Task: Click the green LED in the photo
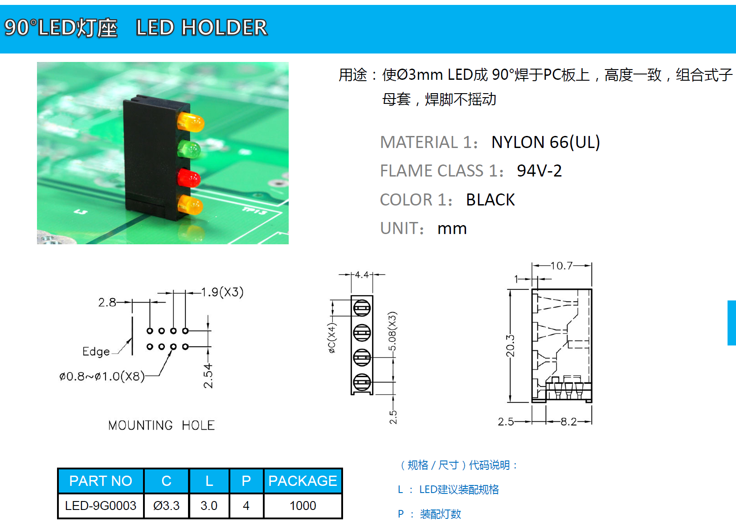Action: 189,149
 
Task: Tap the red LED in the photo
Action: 189,178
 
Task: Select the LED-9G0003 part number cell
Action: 101,505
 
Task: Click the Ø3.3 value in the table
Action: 166,505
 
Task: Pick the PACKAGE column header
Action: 303,481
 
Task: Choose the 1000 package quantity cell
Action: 303,505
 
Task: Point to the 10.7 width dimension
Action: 561,266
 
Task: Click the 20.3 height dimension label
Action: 511,346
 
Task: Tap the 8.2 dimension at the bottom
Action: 568,421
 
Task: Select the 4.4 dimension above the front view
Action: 362,275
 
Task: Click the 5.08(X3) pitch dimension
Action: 392,332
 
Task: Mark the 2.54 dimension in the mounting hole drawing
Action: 208,376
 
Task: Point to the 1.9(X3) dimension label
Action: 222,292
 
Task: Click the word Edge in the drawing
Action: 96,351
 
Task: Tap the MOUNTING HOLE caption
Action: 161,425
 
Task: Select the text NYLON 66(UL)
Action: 545,142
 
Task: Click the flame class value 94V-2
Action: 539,171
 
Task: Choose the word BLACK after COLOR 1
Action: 490,200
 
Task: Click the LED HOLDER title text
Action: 201,28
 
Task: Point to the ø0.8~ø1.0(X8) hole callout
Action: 102,377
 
